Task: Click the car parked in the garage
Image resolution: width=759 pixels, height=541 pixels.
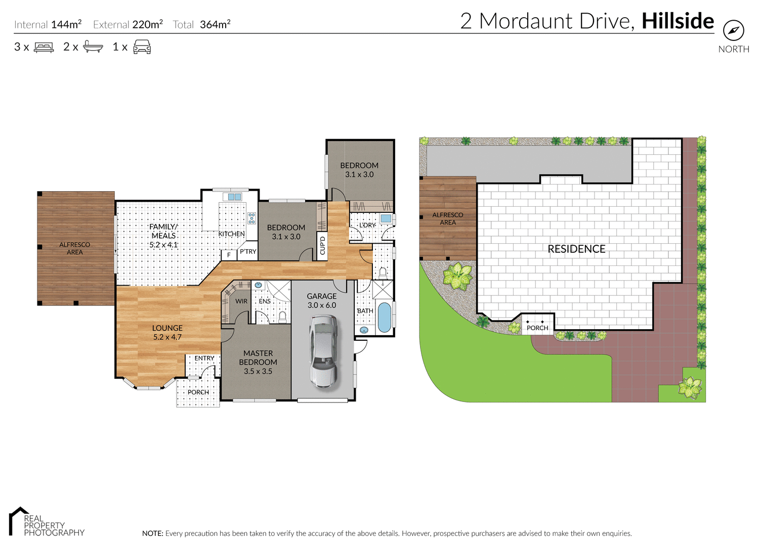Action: click(x=323, y=351)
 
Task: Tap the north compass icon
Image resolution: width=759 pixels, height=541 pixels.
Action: click(x=733, y=31)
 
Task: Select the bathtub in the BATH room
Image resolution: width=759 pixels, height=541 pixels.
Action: click(x=385, y=317)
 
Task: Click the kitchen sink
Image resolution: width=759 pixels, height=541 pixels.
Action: click(x=234, y=197)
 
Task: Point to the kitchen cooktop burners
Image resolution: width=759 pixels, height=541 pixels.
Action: click(x=251, y=218)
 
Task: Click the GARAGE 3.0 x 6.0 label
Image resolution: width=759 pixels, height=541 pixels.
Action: click(x=322, y=300)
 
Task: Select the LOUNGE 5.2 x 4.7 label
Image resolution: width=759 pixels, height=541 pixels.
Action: click(x=167, y=332)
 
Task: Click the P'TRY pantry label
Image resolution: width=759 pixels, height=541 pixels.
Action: click(x=248, y=251)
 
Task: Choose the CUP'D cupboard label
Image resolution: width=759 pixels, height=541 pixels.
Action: click(x=322, y=245)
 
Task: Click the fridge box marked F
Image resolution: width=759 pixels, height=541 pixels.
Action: click(x=229, y=255)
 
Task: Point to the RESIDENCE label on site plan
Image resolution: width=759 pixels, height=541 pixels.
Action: click(x=576, y=249)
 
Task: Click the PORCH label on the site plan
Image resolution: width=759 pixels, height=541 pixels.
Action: click(x=537, y=328)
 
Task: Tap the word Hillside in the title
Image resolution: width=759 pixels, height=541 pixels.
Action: click(x=678, y=21)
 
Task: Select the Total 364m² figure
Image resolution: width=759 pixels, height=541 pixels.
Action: click(x=202, y=24)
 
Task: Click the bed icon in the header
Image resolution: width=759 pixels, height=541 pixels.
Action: click(x=44, y=47)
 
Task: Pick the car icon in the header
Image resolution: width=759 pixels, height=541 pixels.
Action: click(x=142, y=47)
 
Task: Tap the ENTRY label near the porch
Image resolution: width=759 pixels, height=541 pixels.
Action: click(x=204, y=358)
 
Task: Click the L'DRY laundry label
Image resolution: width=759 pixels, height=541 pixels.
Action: click(x=367, y=225)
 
